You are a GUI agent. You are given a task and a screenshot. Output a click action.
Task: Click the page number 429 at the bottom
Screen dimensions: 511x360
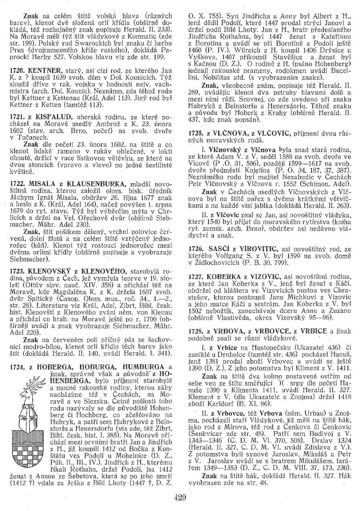click(x=180, y=497)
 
